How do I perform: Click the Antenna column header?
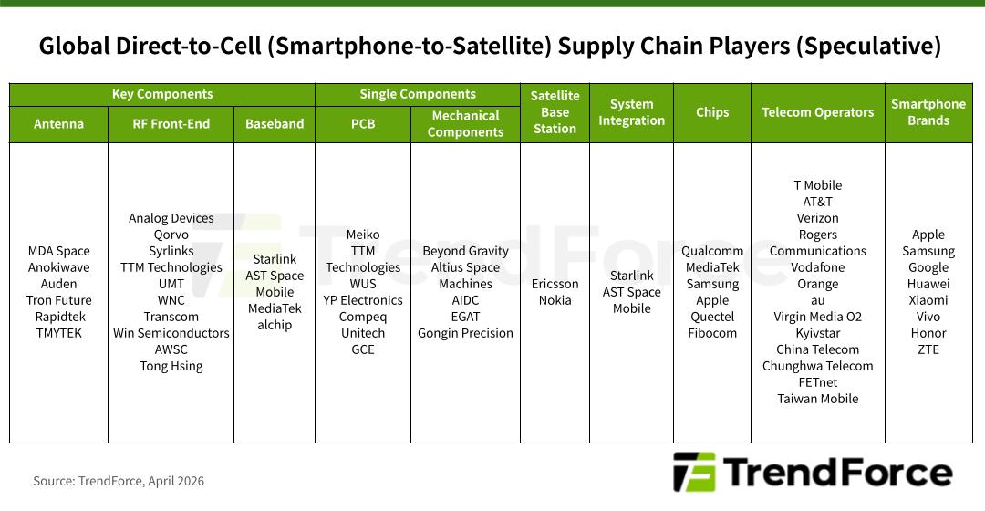(x=58, y=124)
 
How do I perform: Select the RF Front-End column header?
(x=171, y=124)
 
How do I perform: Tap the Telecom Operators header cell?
(x=818, y=112)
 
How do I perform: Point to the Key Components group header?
(x=162, y=94)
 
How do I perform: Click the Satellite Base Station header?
(x=555, y=112)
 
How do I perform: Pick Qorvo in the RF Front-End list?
(x=171, y=235)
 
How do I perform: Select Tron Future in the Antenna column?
(x=58, y=300)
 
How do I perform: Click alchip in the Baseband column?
(x=275, y=325)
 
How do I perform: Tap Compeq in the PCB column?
(x=362, y=317)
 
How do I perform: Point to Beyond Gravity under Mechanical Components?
(x=465, y=251)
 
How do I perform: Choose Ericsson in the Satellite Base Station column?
(x=555, y=284)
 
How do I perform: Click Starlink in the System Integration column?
(x=631, y=276)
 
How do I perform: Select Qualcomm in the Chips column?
(x=712, y=251)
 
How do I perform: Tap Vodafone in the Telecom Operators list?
(x=818, y=267)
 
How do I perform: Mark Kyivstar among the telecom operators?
(x=818, y=333)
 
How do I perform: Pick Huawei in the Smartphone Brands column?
(x=928, y=284)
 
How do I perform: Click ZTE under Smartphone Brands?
(x=928, y=349)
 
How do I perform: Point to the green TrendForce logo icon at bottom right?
(x=694, y=472)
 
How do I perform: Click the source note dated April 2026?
(x=119, y=481)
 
